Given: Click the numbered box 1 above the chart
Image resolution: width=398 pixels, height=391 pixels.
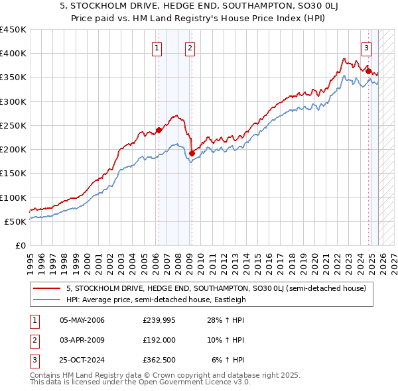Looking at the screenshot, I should tap(157, 48).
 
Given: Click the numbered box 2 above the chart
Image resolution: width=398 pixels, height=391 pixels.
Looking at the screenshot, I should tap(190, 48).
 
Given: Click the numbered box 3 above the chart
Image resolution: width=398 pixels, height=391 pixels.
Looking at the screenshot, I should tap(366, 48).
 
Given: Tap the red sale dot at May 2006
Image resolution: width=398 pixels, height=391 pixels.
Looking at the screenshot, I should tap(159, 131).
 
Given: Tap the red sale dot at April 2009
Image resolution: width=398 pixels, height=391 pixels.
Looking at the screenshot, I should tap(192, 153).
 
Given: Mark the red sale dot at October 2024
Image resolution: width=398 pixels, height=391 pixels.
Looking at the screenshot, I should tap(368, 71).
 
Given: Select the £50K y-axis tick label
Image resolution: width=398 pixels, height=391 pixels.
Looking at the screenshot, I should tap(15, 221).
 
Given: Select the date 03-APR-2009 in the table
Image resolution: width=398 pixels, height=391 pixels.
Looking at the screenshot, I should tap(82, 340).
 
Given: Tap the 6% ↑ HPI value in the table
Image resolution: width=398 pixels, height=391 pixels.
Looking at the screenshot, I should tap(228, 360).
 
